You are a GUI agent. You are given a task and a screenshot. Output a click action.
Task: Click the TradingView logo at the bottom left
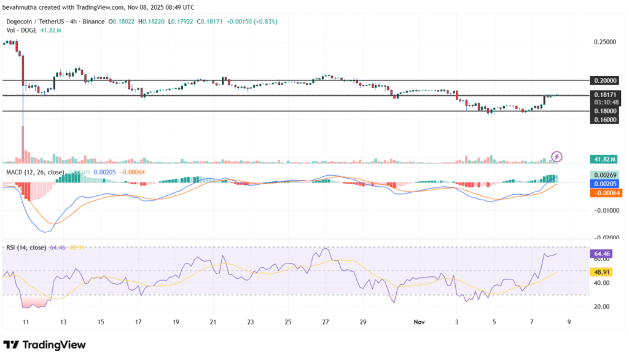pyautogui.click(x=44, y=345)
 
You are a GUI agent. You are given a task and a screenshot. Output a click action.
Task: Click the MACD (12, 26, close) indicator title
pyautogui.click(x=34, y=173)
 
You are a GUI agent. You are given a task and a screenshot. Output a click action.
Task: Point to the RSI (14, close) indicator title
pyautogui.click(x=26, y=248)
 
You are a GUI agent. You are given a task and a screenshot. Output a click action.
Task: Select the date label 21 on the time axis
pyautogui.click(x=213, y=321)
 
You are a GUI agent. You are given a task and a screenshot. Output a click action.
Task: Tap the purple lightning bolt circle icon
pyautogui.click(x=557, y=157)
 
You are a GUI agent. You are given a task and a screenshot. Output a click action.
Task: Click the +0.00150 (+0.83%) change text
pyautogui.click(x=252, y=22)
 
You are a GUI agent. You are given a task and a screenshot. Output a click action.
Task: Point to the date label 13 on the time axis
pyautogui.click(x=63, y=321)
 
